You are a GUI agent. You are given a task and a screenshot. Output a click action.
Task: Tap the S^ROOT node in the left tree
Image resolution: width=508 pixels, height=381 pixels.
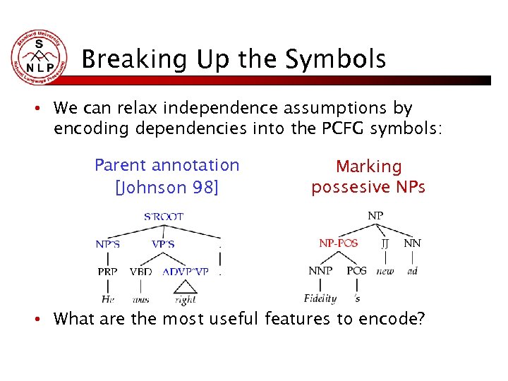pyautogui.click(x=164, y=217)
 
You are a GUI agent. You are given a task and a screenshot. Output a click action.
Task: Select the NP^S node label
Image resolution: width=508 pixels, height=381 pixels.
pyautogui.click(x=108, y=245)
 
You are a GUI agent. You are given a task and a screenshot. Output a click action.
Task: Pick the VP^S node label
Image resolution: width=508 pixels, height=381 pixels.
pyautogui.click(x=163, y=245)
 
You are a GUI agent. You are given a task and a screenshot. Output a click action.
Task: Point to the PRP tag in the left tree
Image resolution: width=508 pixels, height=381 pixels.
pyautogui.click(x=108, y=272)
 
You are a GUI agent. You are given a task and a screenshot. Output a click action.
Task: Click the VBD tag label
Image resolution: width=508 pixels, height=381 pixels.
pyautogui.click(x=140, y=272)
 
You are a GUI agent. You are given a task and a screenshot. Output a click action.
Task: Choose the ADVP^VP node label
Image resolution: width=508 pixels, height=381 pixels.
pyautogui.click(x=186, y=272)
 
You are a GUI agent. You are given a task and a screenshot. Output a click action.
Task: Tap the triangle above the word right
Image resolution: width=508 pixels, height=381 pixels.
pyautogui.click(x=185, y=286)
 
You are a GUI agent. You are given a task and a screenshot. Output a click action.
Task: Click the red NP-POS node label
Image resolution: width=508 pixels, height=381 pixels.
pyautogui.click(x=339, y=243)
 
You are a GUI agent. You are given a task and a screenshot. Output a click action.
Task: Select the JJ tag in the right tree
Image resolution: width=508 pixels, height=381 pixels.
pyautogui.click(x=385, y=243)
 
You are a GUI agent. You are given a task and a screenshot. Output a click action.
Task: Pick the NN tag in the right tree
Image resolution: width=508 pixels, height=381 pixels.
pyautogui.click(x=413, y=243)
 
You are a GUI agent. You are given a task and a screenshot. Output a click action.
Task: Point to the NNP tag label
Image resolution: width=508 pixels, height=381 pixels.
pyautogui.click(x=320, y=271)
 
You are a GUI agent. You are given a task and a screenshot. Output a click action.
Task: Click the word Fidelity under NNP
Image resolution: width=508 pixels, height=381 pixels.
pyautogui.click(x=320, y=298)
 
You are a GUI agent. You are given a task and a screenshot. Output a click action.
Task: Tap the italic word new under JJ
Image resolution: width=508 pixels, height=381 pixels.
pyautogui.click(x=385, y=271)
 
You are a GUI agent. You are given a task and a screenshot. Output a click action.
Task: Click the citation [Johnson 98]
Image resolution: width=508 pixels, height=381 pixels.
pyautogui.click(x=167, y=188)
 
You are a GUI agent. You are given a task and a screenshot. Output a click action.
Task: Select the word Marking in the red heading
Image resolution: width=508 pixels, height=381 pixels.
pyautogui.click(x=368, y=167)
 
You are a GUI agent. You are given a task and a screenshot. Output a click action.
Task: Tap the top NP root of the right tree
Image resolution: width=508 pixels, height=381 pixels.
pyautogui.click(x=376, y=214)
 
